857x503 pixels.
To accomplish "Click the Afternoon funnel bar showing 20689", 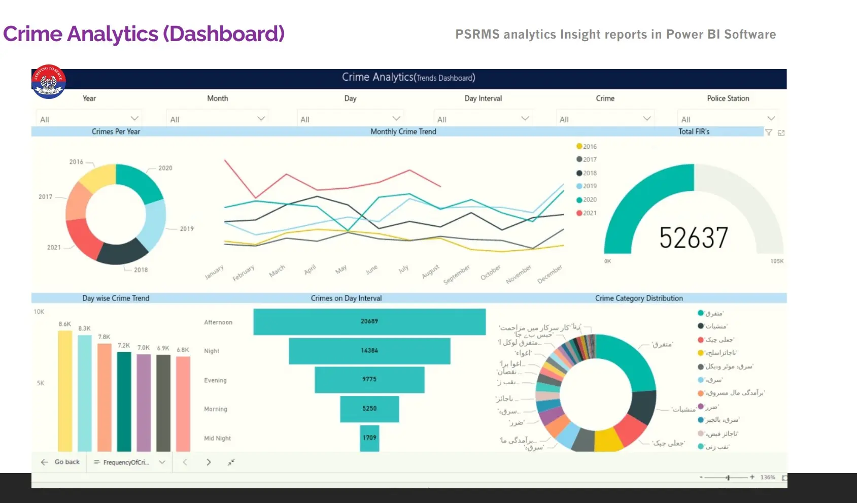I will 369,321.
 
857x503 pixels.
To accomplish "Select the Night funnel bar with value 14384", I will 369,351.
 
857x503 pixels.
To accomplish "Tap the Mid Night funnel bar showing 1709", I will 369,438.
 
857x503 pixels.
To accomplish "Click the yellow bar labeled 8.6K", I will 65,391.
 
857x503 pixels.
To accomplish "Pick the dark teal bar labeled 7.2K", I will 124,401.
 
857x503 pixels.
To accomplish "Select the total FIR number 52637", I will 694,238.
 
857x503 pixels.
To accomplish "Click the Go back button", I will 61,462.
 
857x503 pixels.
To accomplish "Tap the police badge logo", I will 49,82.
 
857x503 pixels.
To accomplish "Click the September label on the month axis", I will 457,274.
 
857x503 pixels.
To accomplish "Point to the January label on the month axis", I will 214,273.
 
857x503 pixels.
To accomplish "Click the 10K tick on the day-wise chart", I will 39,312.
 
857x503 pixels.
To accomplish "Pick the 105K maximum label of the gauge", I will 777,261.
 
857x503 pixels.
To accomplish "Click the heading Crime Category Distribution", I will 639,298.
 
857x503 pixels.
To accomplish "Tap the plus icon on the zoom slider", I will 752,477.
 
